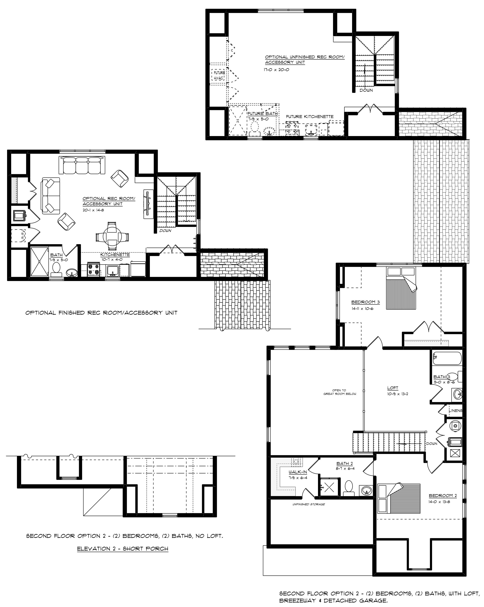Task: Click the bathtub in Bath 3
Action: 447,358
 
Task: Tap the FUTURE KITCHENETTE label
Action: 310,117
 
